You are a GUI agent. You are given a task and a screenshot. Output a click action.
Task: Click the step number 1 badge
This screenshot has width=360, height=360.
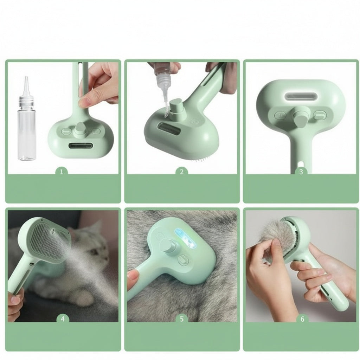click(x=61, y=172)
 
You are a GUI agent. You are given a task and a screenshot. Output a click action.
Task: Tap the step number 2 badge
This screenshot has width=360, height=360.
click(x=182, y=172)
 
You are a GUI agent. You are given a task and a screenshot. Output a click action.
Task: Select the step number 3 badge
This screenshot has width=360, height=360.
click(x=301, y=172)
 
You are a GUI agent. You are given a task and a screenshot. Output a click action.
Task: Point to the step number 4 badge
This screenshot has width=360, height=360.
click(x=63, y=319)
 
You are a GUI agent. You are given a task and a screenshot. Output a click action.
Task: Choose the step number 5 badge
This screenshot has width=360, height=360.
click(x=182, y=319)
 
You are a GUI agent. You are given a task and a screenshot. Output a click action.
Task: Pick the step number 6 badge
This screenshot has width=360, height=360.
click(x=302, y=319)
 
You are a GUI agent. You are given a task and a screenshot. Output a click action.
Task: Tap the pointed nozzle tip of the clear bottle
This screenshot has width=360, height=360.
click(x=26, y=77)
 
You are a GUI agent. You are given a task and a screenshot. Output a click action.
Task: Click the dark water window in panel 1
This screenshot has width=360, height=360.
click(x=81, y=146)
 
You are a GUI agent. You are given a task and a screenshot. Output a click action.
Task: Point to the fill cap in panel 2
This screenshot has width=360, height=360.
click(x=175, y=108)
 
